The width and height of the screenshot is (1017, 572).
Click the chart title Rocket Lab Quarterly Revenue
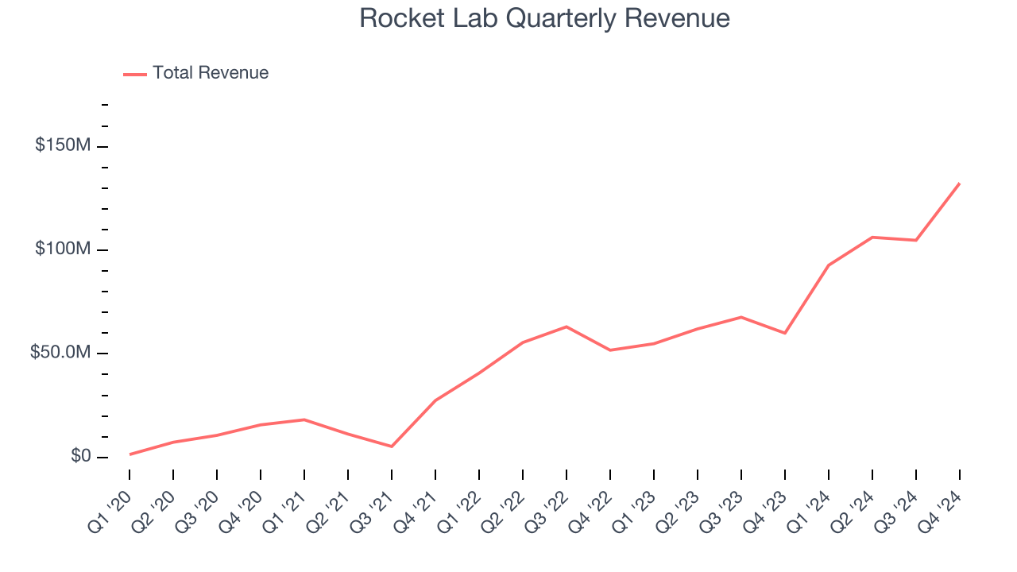click(544, 18)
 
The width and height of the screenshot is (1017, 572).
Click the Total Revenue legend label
click(211, 73)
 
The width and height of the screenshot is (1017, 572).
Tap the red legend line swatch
click(135, 74)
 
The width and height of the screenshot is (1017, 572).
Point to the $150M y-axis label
click(62, 146)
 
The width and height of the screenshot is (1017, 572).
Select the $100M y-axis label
click(62, 249)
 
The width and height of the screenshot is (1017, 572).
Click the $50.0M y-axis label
click(60, 353)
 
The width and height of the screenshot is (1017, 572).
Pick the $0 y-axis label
click(79, 456)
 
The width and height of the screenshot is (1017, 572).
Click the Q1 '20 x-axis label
click(113, 502)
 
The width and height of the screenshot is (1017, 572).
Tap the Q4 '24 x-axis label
click(943, 502)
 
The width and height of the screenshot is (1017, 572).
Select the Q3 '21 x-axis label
click(375, 502)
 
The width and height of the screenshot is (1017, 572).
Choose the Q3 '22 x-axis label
click(550, 502)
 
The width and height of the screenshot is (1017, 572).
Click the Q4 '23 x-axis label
click(768, 502)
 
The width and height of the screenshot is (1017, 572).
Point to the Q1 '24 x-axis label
click(812, 502)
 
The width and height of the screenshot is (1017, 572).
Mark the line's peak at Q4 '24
click(959, 184)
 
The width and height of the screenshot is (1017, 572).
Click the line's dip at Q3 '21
click(392, 446)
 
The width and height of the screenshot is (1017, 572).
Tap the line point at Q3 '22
click(567, 327)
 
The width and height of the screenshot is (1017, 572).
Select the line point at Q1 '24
click(829, 265)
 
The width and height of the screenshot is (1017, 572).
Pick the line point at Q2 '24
click(872, 238)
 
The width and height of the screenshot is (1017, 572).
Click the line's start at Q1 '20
click(130, 454)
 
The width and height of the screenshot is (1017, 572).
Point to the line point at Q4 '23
click(785, 333)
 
